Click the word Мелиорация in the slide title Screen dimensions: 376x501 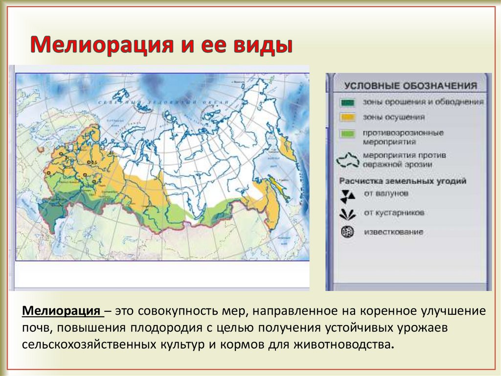[x=98, y=46]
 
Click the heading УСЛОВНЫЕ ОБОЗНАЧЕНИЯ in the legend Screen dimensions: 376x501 [x=410, y=86]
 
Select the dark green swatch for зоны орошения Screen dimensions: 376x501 [x=348, y=102]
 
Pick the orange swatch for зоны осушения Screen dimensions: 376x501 [x=348, y=118]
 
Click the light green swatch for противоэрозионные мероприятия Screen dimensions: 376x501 [x=348, y=133]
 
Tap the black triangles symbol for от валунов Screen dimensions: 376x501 [x=348, y=195]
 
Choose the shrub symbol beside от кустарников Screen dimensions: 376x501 [x=348, y=214]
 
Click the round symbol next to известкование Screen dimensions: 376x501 [x=348, y=232]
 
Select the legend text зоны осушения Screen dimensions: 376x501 [x=387, y=118]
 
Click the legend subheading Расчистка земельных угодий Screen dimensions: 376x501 [x=403, y=181]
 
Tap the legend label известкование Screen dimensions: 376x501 [x=393, y=232]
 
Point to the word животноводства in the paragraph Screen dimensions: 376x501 [x=342, y=344]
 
